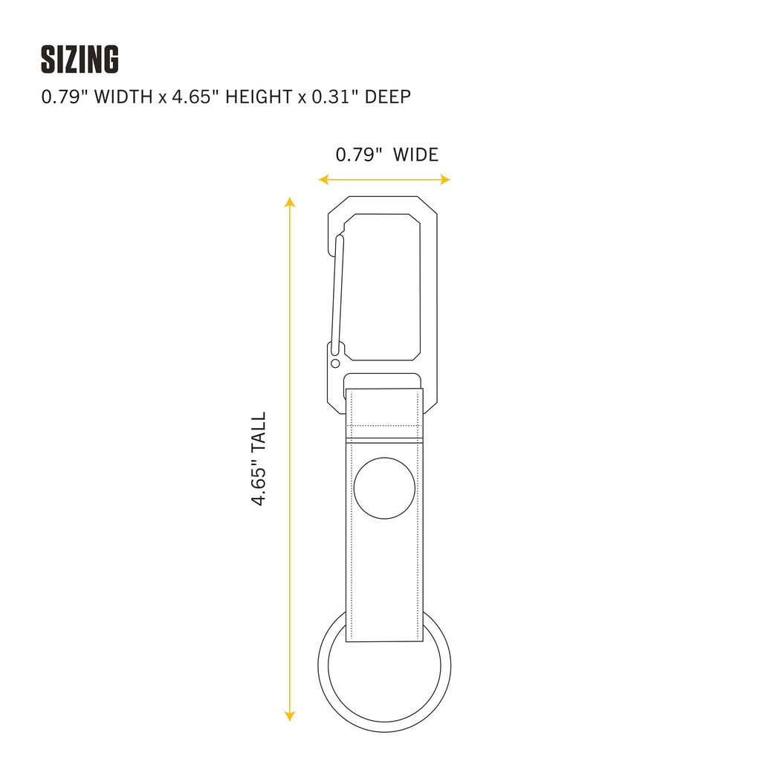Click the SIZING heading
click(x=80, y=59)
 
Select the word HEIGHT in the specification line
click(x=259, y=97)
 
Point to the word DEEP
click(x=388, y=97)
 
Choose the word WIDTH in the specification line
click(x=123, y=97)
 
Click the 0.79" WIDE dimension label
click(x=386, y=155)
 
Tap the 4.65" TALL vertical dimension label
click(x=259, y=459)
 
